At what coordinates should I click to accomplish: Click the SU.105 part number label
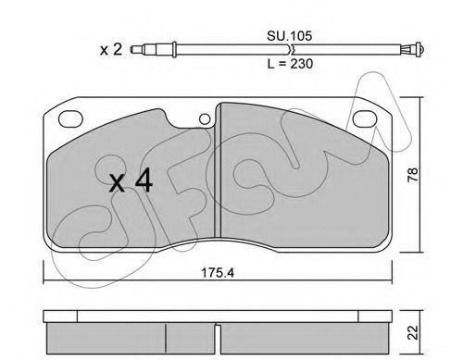(x=289, y=36)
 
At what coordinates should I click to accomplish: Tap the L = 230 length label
(x=290, y=64)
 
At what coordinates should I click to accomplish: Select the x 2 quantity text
(x=111, y=49)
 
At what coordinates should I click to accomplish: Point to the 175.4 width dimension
(x=218, y=273)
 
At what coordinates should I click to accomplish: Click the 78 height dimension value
(x=412, y=175)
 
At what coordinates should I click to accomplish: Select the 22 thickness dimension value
(x=412, y=332)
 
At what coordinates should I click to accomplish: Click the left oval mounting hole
(x=70, y=118)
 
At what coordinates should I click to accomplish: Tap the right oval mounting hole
(x=365, y=118)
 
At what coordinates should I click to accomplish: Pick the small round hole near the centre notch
(x=205, y=119)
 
